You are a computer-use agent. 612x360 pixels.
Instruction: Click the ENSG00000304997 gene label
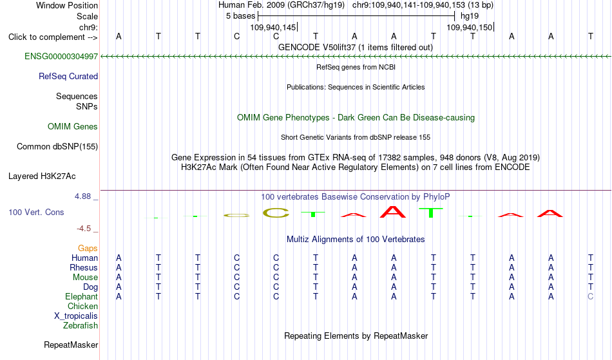pyautogui.click(x=61, y=57)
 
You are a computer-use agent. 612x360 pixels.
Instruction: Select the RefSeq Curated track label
pyautogui.click(x=68, y=77)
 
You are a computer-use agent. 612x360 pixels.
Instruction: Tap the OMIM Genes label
pyautogui.click(x=73, y=127)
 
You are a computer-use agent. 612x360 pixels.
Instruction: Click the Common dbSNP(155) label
pyautogui.click(x=57, y=147)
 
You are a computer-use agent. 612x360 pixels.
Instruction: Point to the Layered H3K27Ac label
pyautogui.click(x=42, y=176)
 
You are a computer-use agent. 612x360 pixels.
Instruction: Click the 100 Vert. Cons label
pyautogui.click(x=36, y=212)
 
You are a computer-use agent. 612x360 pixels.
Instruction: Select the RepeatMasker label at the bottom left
pyautogui.click(x=71, y=345)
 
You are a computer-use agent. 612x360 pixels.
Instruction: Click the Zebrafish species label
pyautogui.click(x=81, y=326)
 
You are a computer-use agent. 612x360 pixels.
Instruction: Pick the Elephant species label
pyautogui.click(x=82, y=297)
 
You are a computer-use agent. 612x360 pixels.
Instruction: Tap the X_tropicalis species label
pyautogui.click(x=76, y=316)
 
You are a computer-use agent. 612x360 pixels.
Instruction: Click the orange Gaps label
pyautogui.click(x=88, y=249)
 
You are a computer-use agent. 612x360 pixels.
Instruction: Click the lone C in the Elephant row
pyautogui.click(x=591, y=297)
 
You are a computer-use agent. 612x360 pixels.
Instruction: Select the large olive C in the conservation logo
pyautogui.click(x=276, y=213)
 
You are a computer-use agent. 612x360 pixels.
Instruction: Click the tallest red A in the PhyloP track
pyautogui.click(x=393, y=212)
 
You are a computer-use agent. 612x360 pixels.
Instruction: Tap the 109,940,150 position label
pyautogui.click(x=469, y=28)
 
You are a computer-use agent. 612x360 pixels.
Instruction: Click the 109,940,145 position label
pyautogui.click(x=273, y=28)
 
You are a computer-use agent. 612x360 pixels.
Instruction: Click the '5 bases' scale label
pyautogui.click(x=240, y=16)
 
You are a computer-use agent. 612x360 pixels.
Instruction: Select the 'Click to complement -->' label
pyautogui.click(x=53, y=37)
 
